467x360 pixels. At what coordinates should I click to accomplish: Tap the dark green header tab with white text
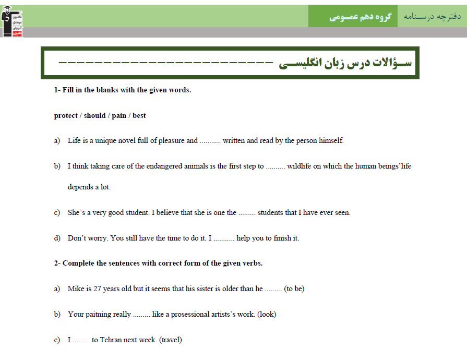click(353, 17)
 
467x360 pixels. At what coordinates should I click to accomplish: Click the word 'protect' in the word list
click(65, 115)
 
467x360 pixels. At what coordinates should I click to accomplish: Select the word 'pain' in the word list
click(119, 115)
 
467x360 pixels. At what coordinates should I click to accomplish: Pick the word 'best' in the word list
click(139, 115)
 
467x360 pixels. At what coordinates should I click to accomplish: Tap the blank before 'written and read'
click(211, 141)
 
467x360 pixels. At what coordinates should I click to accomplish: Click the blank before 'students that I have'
click(247, 213)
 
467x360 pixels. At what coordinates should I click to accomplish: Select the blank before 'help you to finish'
click(224, 238)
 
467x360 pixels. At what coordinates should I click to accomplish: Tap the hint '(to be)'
click(294, 289)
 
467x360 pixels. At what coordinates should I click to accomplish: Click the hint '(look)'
click(267, 314)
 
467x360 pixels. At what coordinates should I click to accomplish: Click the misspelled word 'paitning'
click(99, 314)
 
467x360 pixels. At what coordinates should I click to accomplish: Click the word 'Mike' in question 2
click(76, 289)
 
